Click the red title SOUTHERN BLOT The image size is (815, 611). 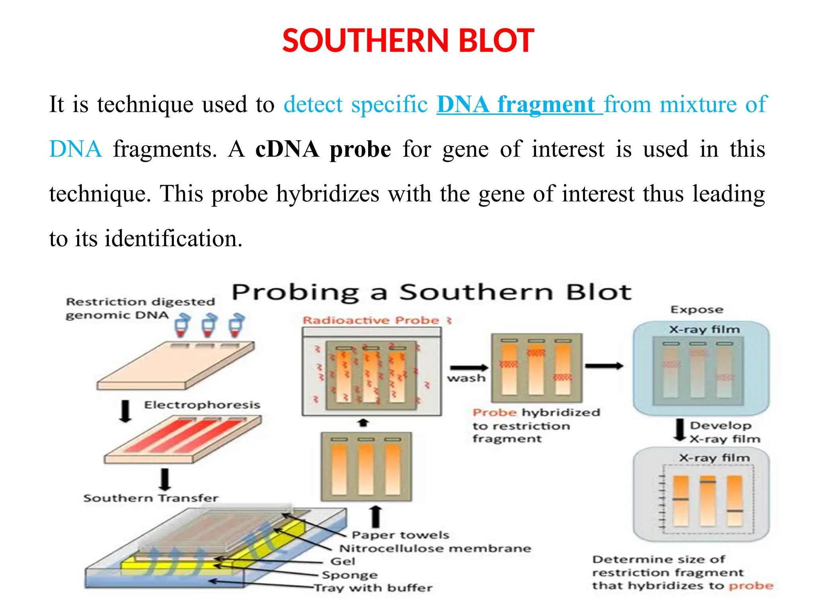click(x=408, y=41)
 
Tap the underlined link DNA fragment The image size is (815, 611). click(x=519, y=105)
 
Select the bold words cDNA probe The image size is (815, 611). click(x=323, y=150)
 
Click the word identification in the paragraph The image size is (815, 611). click(x=173, y=239)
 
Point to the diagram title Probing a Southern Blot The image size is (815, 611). click(x=431, y=292)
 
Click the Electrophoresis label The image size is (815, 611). click(x=202, y=405)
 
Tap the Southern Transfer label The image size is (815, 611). click(x=151, y=498)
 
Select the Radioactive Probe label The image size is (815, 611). click(x=371, y=320)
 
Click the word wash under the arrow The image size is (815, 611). click(x=466, y=378)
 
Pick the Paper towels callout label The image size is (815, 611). click(x=400, y=535)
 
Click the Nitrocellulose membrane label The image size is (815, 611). click(x=435, y=548)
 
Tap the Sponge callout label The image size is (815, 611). click(x=350, y=575)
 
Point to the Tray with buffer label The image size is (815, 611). click(x=373, y=588)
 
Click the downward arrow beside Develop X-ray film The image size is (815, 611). click(x=680, y=430)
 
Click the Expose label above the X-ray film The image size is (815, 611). click(x=696, y=309)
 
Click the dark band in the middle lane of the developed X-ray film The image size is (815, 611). click(x=708, y=482)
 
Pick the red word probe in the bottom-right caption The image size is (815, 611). click(x=751, y=586)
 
